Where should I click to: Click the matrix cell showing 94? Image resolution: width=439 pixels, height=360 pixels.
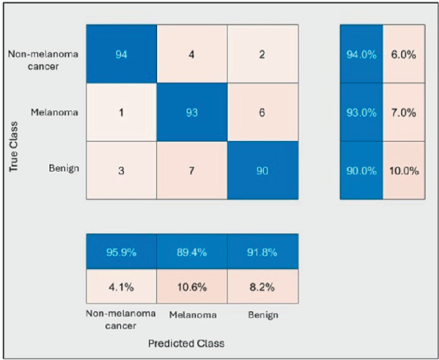point(121,54)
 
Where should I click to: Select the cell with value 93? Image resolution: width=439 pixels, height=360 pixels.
point(192,112)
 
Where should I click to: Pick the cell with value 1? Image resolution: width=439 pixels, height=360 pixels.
point(121,112)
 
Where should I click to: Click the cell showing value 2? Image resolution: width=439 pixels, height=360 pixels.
point(263,54)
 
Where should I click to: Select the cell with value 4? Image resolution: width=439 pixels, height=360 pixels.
point(192,54)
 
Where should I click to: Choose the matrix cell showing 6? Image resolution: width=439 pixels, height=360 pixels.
point(263,112)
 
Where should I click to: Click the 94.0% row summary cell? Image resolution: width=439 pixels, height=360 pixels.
point(361,54)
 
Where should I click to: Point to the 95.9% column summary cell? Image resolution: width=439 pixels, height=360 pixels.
point(121,252)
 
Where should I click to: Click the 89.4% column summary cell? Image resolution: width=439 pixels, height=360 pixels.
point(192,252)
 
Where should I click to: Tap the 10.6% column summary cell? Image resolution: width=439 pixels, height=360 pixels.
point(192,287)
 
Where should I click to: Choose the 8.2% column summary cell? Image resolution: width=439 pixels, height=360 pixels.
point(263,287)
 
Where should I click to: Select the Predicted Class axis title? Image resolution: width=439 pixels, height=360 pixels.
point(186,343)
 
